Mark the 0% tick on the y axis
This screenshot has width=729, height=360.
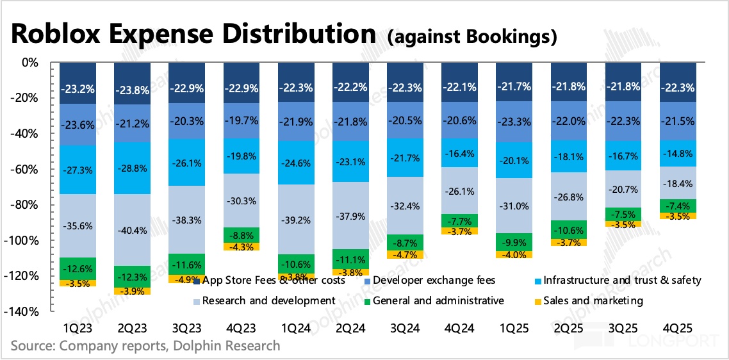click(30, 63)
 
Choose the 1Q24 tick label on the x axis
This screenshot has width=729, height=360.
click(296, 327)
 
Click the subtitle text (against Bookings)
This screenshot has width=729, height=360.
click(472, 37)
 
